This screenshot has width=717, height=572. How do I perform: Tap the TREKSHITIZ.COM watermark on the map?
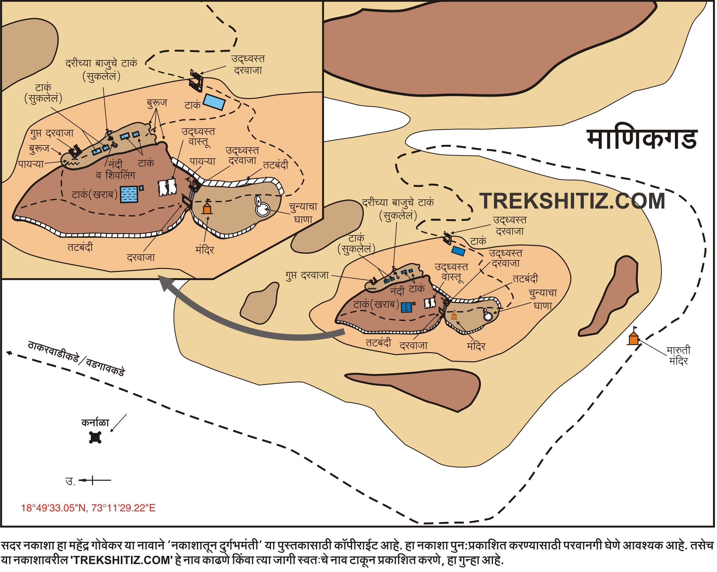572,201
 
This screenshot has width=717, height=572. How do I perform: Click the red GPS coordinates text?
88,508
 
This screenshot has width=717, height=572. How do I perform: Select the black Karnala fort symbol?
95,437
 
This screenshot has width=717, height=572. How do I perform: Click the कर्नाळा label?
95,422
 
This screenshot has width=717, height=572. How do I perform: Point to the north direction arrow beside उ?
95,480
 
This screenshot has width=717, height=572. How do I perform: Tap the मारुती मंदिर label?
678,356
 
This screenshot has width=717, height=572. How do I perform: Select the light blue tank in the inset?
214,102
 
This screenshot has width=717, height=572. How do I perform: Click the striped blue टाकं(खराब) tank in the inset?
129,194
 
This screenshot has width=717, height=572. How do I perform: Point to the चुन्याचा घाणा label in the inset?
303,213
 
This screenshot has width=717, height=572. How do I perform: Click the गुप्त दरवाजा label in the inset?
52,133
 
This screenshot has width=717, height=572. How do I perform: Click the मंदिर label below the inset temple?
205,250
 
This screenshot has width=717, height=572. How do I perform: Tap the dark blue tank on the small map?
458,251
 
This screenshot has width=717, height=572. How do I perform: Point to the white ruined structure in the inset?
167,187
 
